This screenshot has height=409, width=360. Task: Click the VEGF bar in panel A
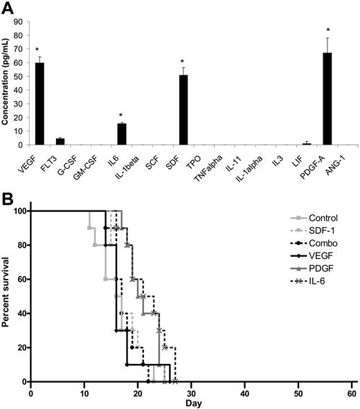tap(40, 104)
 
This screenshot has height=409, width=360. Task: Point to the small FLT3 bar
tap(60, 142)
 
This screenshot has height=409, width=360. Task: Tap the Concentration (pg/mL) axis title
tap(6, 82)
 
